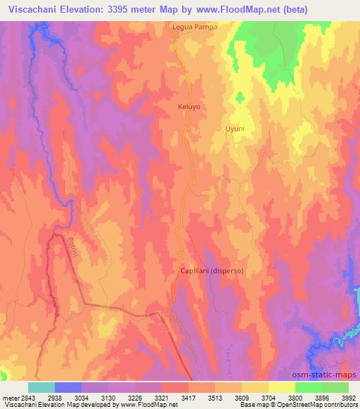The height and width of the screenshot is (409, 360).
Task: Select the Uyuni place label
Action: click(235, 129)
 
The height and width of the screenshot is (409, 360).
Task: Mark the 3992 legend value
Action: click(349, 397)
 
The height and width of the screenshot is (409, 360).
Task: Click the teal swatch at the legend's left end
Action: click(41, 387)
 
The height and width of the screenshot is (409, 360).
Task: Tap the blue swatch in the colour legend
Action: click(67, 387)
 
